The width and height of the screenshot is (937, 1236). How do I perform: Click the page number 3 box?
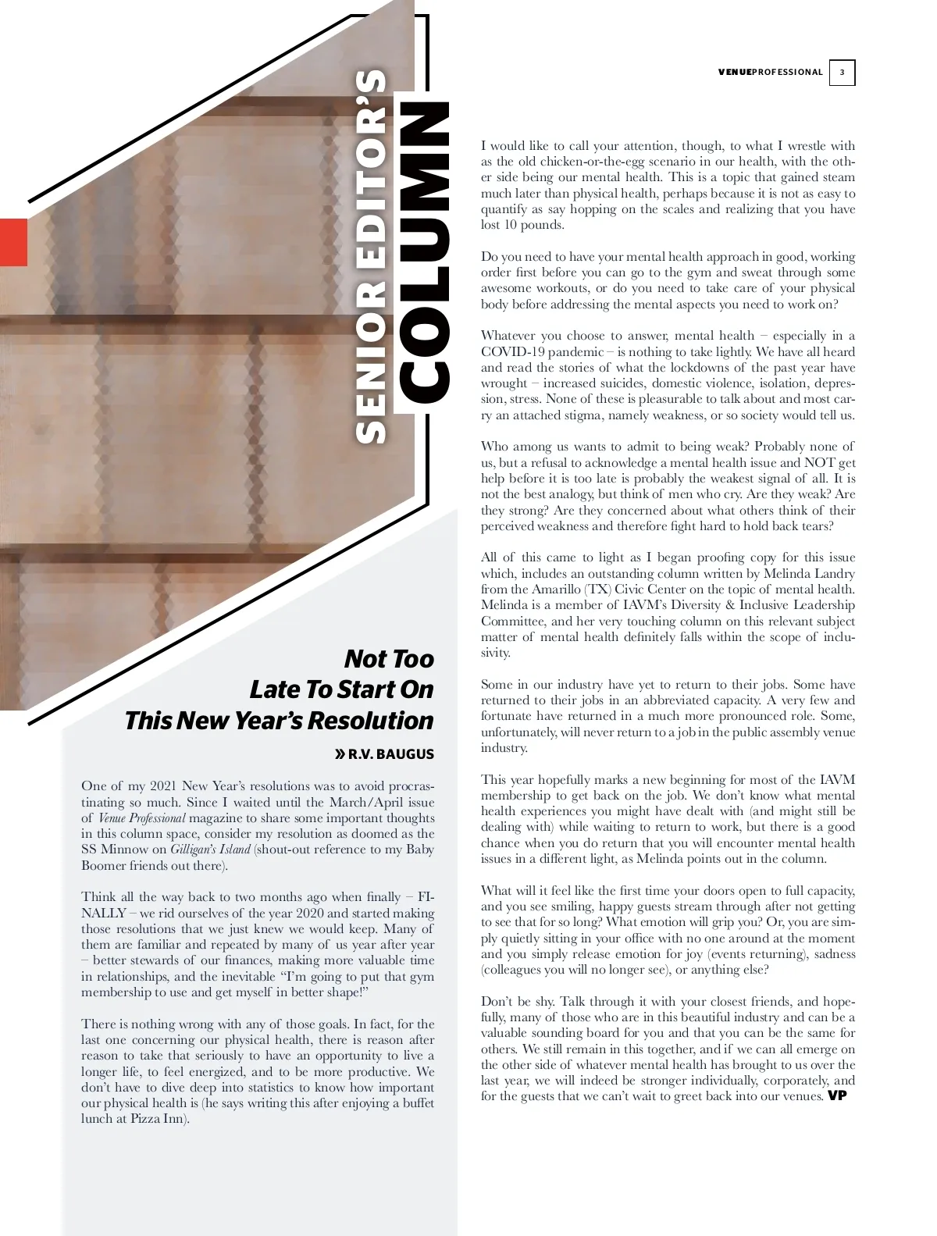click(x=842, y=73)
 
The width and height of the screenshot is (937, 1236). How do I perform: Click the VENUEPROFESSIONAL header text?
click(x=770, y=73)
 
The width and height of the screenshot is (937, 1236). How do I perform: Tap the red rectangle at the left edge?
click(x=13, y=242)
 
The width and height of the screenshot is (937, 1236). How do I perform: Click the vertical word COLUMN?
click(x=424, y=254)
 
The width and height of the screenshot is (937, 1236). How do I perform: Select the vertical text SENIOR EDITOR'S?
click(x=371, y=258)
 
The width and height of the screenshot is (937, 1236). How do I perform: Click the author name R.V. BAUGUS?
click(x=391, y=754)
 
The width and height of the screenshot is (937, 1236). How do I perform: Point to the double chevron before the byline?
click(x=340, y=754)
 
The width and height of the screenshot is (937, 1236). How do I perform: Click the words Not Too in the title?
click(x=389, y=659)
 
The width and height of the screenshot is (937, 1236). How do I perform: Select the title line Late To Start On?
click(x=341, y=689)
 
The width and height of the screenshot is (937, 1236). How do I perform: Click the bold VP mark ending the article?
click(x=837, y=1095)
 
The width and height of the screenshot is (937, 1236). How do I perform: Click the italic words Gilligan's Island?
click(x=210, y=850)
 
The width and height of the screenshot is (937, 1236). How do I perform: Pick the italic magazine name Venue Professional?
click(x=142, y=818)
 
